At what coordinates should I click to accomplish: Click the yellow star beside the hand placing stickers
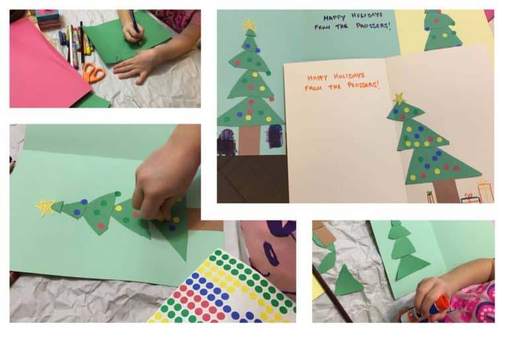click(x=44, y=207)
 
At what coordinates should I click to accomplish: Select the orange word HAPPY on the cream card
click(x=317, y=77)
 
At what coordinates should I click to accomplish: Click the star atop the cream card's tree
click(x=399, y=98)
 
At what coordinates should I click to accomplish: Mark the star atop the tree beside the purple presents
click(x=249, y=26)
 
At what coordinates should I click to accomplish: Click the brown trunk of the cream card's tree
click(x=446, y=189)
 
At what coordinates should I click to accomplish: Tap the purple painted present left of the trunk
click(x=227, y=141)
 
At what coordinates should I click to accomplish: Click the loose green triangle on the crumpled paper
click(x=348, y=281)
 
